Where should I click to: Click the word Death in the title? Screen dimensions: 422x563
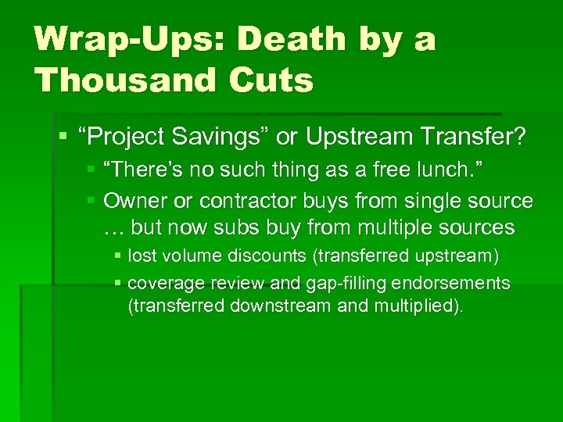(285, 40)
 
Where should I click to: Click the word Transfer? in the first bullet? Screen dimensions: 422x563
(473, 138)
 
